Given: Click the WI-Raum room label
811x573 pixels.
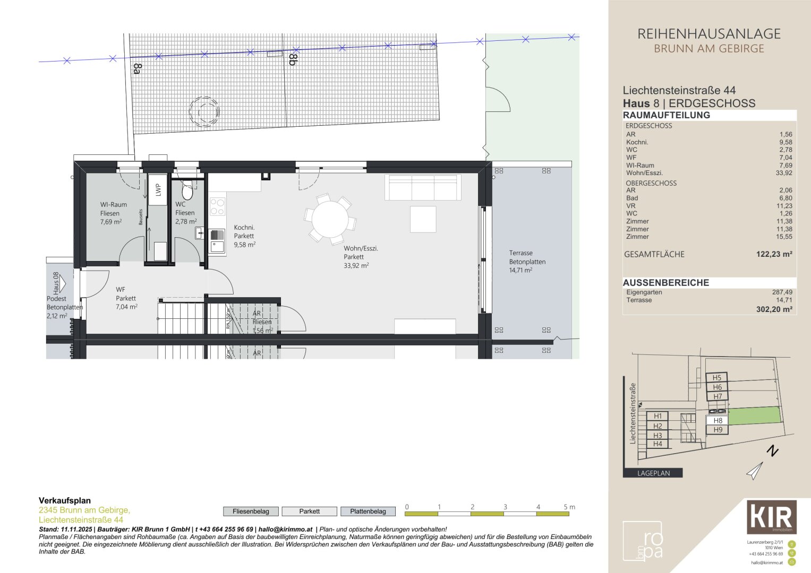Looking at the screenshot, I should pos(113,205).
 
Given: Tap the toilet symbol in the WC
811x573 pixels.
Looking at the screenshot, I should pos(187,190).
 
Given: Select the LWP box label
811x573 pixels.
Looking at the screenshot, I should pos(158,190).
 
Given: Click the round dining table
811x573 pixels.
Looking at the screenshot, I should pos(329,219).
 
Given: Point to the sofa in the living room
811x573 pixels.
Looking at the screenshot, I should pos(423,187).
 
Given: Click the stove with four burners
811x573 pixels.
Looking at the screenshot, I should pos(217,206).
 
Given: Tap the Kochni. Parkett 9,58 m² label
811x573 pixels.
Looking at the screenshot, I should pos(244,236).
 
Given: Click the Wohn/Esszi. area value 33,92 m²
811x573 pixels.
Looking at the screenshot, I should pos(356,266).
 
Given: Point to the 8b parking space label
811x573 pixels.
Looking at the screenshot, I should pos(292,59).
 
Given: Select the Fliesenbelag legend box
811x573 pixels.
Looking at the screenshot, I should pos(251,511).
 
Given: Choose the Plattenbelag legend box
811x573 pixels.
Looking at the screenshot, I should pos(368,511).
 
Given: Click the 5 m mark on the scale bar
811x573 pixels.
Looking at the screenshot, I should pos(568,507).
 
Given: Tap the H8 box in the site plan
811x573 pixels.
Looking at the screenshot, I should pos(717,420).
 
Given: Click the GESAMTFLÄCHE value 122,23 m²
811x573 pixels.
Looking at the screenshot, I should pos(774,254).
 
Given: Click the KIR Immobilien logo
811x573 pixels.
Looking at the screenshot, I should pos(771,517).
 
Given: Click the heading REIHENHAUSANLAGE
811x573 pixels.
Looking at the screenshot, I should pos(708,34).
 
